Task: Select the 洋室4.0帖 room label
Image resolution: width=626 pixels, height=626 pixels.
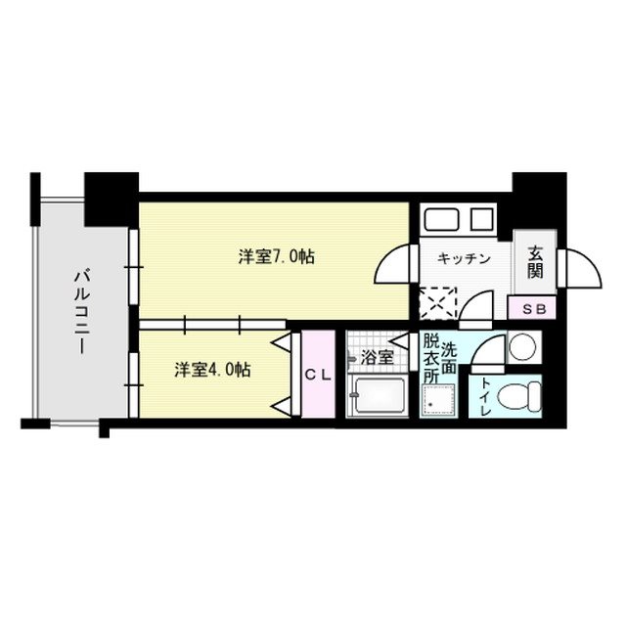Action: pyautogui.click(x=213, y=371)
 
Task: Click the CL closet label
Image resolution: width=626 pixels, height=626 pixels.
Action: pyautogui.click(x=315, y=375)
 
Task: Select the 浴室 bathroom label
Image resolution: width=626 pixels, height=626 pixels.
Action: pyautogui.click(x=376, y=358)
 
